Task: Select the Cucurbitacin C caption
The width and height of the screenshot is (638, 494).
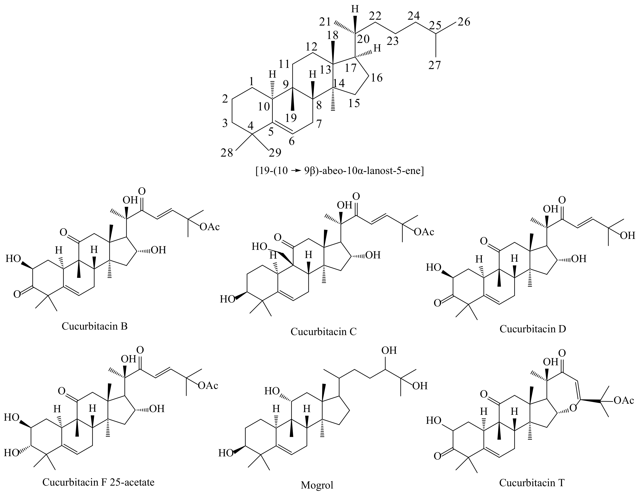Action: (x=323, y=331)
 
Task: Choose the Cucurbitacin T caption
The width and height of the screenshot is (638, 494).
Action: (x=532, y=483)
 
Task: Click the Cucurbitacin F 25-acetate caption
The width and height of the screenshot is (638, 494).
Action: (x=98, y=482)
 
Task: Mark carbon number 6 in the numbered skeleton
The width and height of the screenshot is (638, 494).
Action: (x=292, y=142)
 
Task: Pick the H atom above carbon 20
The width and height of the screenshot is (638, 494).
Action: (x=355, y=9)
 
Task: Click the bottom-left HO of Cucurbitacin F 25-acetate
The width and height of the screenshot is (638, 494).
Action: (x=12, y=453)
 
